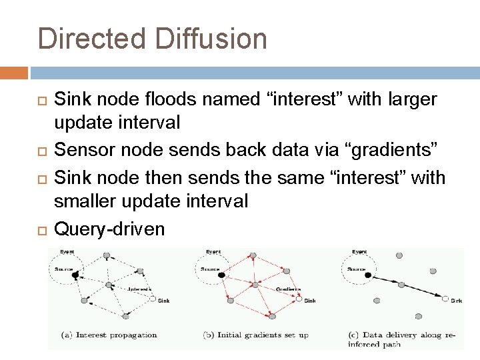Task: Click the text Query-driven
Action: click(109, 229)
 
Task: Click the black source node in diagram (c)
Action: click(368, 273)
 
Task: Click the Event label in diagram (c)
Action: click(359, 252)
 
